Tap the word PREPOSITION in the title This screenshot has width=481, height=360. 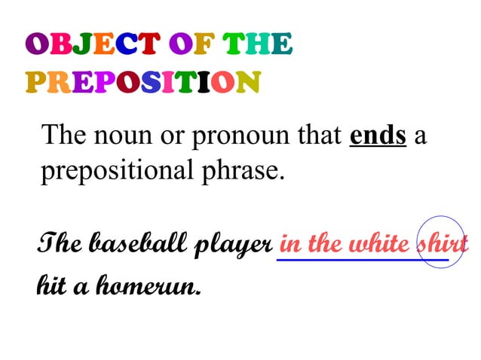[143, 81]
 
